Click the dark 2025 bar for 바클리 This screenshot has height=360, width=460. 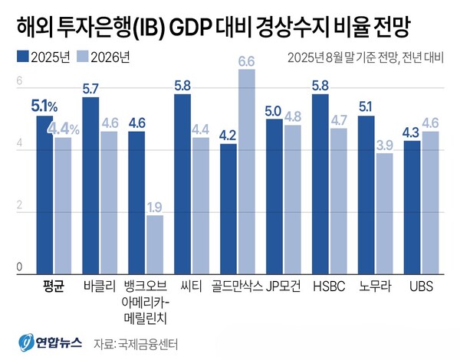pos(90,184)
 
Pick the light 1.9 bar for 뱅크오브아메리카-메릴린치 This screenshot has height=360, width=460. pos(155,243)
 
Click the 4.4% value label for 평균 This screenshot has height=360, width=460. pos(64,129)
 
